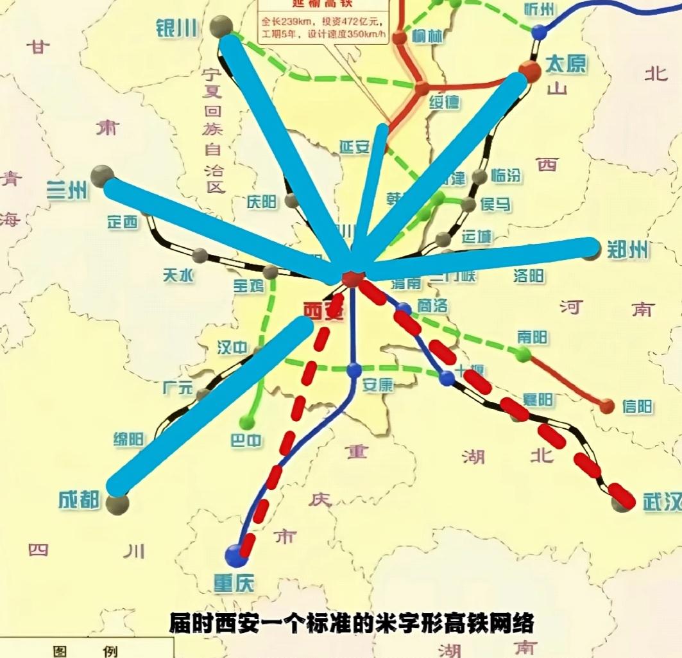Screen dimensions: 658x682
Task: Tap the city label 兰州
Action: [x=67, y=190]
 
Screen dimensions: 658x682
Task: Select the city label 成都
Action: [x=79, y=499]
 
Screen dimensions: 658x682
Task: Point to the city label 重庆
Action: [x=234, y=582]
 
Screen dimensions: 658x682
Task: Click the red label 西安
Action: [x=324, y=311]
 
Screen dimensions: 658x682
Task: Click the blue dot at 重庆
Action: [x=236, y=555]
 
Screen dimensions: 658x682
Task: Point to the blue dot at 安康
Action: [x=354, y=370]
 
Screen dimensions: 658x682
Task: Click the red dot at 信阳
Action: [x=607, y=406]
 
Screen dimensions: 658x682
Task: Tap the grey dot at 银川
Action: [x=222, y=27]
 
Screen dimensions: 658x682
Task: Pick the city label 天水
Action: [x=178, y=275]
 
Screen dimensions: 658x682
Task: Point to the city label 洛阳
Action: [x=529, y=276]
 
